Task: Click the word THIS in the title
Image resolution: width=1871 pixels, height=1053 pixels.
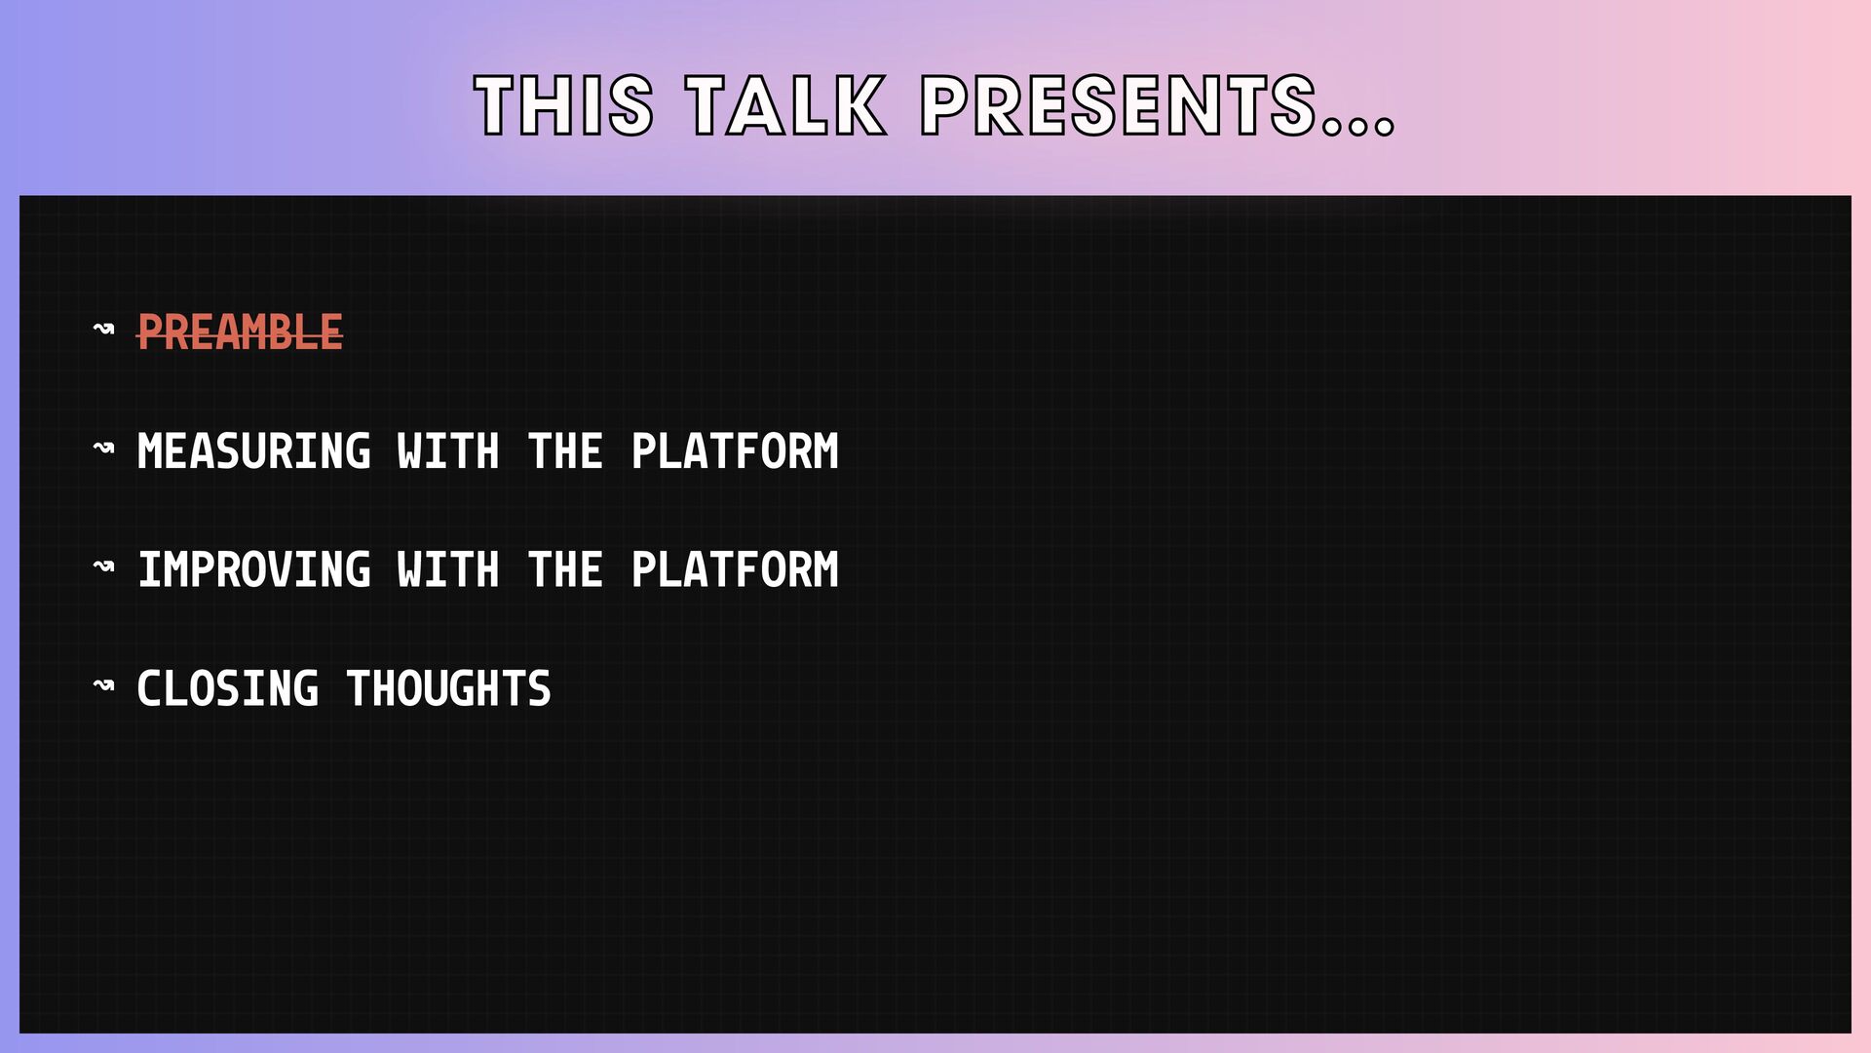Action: click(x=564, y=105)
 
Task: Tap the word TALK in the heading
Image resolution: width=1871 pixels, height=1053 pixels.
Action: click(x=786, y=105)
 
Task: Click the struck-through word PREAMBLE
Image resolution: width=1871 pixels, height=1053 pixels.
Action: click(x=240, y=332)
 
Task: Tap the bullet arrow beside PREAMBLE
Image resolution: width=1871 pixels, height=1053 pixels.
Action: click(x=103, y=329)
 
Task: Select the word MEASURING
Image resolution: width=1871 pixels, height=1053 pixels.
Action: click(x=253, y=451)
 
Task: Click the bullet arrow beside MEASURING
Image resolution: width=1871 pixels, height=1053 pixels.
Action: click(x=103, y=448)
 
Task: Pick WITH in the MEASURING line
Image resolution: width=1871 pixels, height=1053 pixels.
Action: click(x=448, y=451)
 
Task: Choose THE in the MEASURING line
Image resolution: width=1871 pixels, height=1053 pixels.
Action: click(x=565, y=451)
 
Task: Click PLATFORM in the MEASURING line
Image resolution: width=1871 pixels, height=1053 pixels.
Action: click(x=735, y=451)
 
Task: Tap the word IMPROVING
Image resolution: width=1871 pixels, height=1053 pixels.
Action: click(x=253, y=570)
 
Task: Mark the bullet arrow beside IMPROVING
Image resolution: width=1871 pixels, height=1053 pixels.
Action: click(x=103, y=566)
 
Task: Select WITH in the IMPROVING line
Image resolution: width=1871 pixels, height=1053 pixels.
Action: click(x=448, y=570)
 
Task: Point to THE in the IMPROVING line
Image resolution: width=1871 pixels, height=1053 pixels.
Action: click(x=565, y=570)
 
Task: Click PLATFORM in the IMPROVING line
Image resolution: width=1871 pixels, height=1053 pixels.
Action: click(x=735, y=570)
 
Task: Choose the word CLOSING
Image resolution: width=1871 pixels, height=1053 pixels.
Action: click(x=227, y=689)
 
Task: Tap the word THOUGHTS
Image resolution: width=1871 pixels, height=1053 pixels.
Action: click(x=448, y=689)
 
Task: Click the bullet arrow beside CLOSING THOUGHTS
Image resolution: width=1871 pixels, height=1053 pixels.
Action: click(x=103, y=685)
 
